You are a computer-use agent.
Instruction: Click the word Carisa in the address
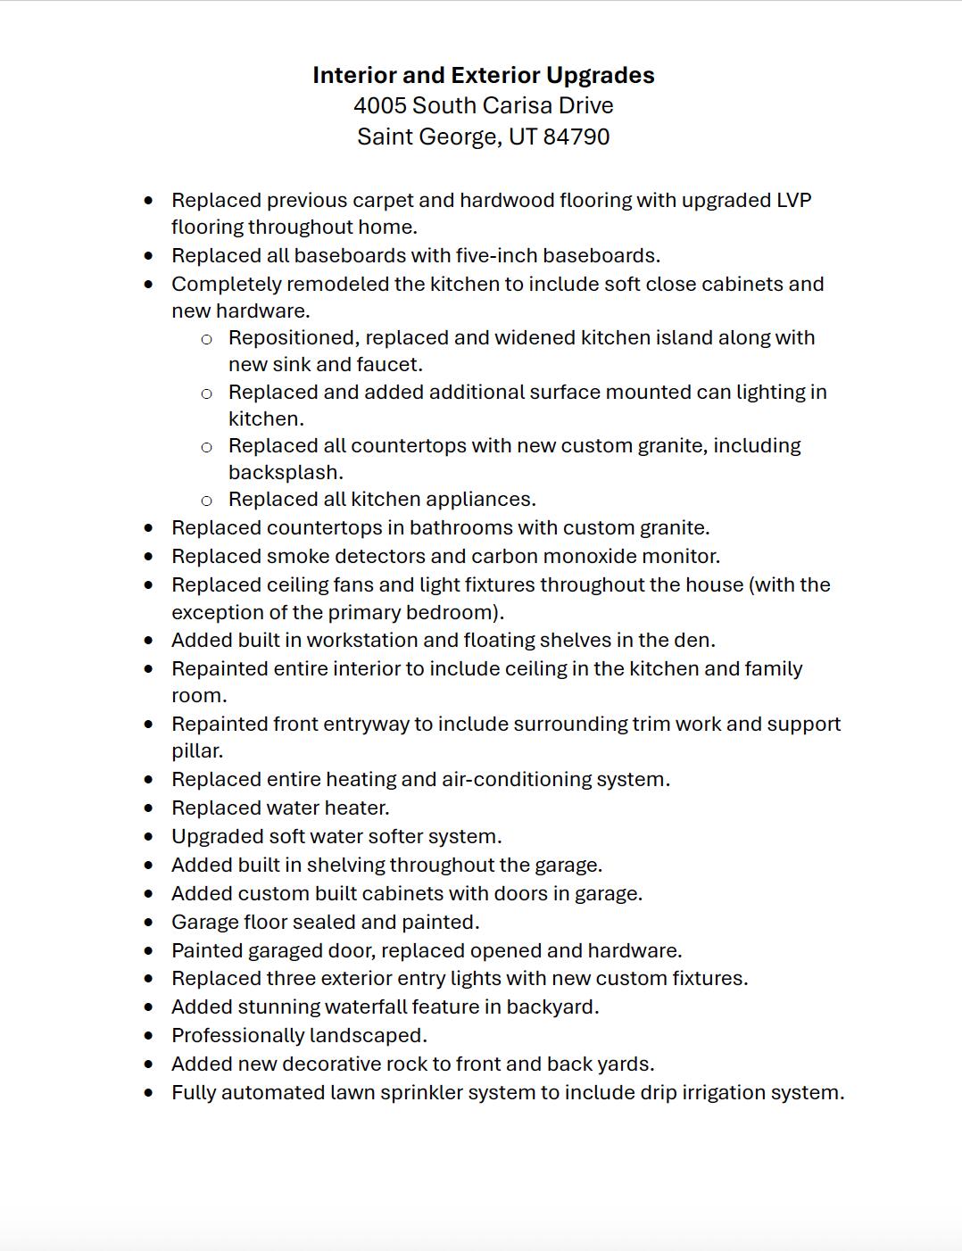(x=494, y=106)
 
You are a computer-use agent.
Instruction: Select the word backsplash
(x=286, y=473)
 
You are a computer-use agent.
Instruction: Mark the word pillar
(x=196, y=751)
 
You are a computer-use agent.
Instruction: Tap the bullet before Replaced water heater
(x=148, y=808)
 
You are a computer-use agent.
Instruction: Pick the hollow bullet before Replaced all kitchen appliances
(x=206, y=501)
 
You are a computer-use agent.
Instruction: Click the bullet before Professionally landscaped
(x=148, y=1036)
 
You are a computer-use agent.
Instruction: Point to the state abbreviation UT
(x=522, y=137)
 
